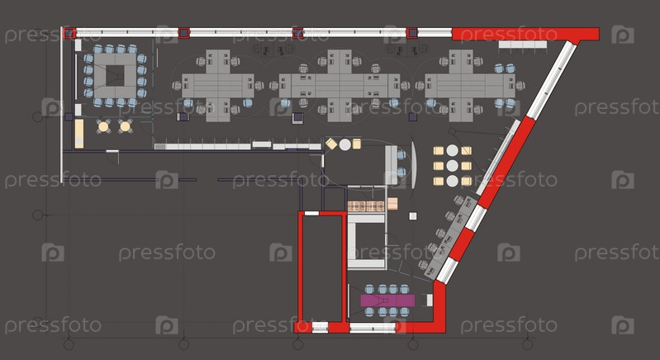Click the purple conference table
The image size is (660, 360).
click(387, 301)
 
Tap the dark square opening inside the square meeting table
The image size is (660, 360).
click(115, 76)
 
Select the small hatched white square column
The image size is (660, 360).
click(413, 216)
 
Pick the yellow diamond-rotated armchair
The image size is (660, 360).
click(331, 144)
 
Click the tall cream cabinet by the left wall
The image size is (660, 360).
click(79, 134)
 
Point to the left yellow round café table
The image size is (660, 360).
click(103, 126)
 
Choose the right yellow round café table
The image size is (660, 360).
click(125, 126)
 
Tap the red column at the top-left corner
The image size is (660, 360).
click(69, 33)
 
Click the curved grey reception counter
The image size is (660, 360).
click(414, 164)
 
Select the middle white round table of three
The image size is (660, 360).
click(452, 166)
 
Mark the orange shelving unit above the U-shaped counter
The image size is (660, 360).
click(366, 206)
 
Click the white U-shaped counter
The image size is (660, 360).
click(366, 241)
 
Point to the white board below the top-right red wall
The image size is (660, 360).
click(523, 44)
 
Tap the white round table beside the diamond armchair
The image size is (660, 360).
click(345, 144)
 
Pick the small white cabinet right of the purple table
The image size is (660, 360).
click(430, 301)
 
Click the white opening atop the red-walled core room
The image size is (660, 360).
click(311, 213)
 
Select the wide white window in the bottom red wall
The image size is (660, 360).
click(373, 328)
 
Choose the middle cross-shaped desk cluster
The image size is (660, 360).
click(339, 86)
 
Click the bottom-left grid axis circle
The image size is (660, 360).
click(69, 344)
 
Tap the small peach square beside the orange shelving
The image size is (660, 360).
click(392, 204)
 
